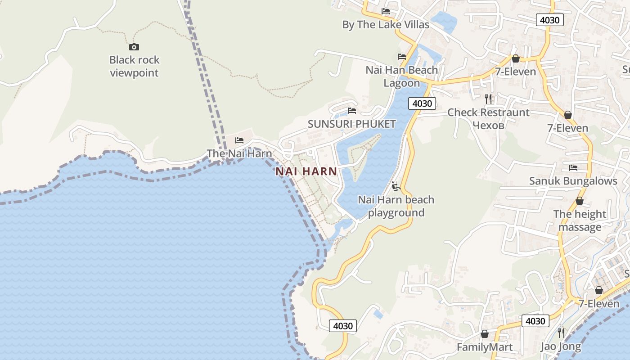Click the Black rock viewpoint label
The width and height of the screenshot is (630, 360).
pos(134,66)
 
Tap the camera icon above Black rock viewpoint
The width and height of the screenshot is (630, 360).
pos(134,47)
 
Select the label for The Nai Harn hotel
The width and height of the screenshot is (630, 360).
pos(239,153)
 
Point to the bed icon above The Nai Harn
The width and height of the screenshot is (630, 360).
pos(239,140)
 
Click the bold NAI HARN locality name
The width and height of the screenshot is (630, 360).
pos(306,171)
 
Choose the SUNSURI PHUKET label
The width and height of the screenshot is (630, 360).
pos(351,124)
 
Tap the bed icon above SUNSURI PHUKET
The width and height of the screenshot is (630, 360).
pos(352,111)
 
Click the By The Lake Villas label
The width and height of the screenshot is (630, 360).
pos(386,24)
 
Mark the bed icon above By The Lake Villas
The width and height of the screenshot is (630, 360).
pos(386,11)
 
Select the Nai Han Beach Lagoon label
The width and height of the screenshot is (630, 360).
pos(401,76)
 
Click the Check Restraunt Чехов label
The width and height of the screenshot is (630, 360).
pos(488,118)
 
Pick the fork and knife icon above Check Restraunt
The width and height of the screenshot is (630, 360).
pos(488,99)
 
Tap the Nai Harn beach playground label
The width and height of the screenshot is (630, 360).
pos(396,206)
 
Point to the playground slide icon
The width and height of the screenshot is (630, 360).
pos(396,186)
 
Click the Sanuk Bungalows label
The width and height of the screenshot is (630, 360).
pos(573,181)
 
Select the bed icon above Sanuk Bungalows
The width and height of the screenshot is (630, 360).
pos(573,168)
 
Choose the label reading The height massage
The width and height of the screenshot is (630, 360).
pos(580,220)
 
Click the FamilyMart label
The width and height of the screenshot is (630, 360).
pos(484,347)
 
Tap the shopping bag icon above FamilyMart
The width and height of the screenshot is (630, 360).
pos(485,334)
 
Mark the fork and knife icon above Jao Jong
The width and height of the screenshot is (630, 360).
pos(561,333)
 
